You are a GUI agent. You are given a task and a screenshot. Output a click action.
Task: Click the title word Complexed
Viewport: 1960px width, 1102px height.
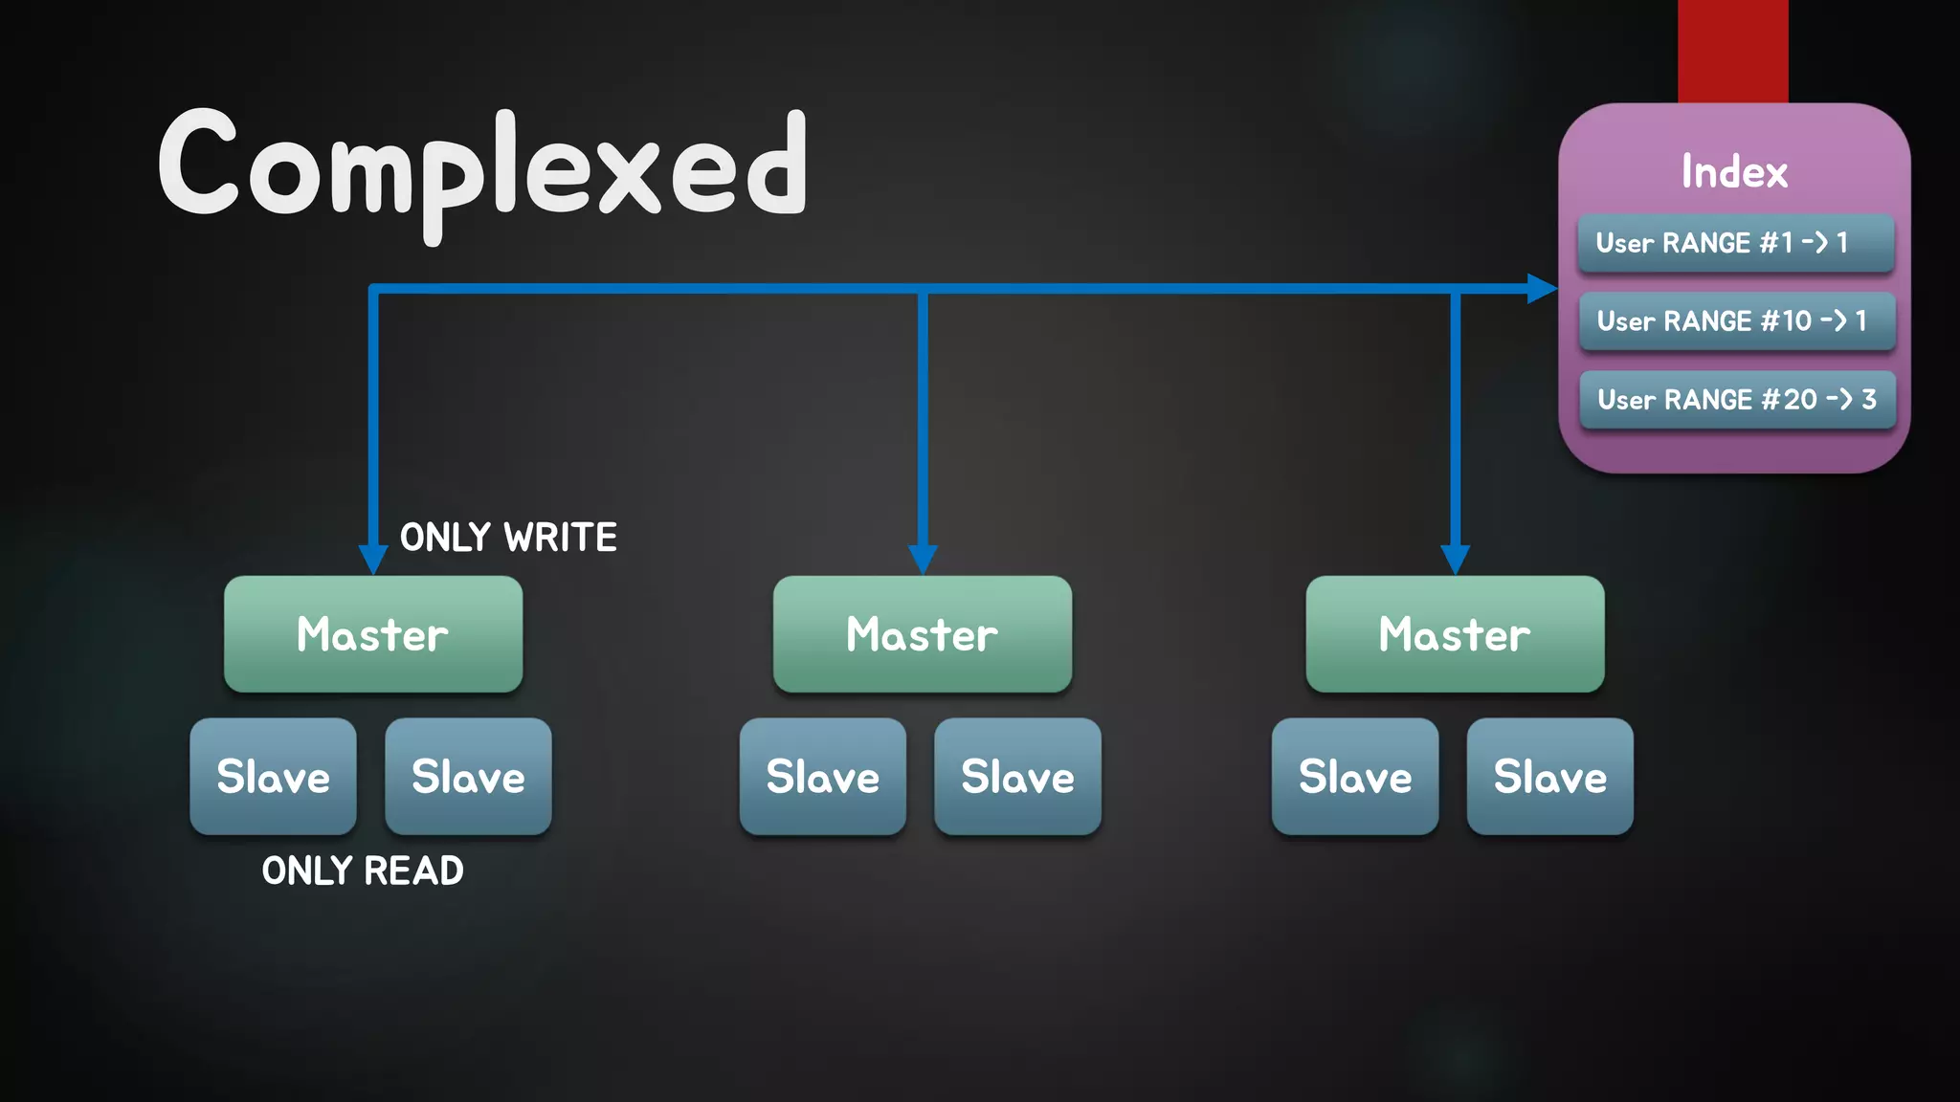[x=483, y=167]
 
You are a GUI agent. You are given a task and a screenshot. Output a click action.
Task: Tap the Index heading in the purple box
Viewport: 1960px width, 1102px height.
[x=1734, y=172]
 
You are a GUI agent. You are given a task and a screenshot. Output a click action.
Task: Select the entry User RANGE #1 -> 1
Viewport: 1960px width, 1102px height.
[x=1735, y=243]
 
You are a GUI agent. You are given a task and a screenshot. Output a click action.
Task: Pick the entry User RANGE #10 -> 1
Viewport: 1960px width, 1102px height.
[x=1736, y=321]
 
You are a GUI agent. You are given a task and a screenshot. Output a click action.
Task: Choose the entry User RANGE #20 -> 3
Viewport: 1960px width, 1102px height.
[x=1737, y=400]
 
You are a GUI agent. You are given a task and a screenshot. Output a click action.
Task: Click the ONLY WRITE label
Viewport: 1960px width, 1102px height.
[x=508, y=538]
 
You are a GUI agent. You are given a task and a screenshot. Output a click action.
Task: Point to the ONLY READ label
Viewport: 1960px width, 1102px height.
[x=363, y=871]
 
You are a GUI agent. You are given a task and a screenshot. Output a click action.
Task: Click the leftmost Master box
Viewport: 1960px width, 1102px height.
[x=373, y=634]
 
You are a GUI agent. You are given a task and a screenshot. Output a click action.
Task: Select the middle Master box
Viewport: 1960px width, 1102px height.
[x=923, y=634]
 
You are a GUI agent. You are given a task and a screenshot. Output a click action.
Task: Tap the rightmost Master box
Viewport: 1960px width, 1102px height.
[x=1455, y=634]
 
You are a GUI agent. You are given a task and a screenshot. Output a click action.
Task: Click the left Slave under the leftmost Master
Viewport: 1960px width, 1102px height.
[x=274, y=777]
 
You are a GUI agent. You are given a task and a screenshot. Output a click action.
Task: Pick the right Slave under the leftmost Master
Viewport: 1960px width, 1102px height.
[x=468, y=777]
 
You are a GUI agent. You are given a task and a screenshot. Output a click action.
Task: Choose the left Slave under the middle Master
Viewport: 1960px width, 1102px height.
[x=823, y=777]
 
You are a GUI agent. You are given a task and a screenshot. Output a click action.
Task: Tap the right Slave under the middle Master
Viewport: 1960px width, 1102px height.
[x=1017, y=777]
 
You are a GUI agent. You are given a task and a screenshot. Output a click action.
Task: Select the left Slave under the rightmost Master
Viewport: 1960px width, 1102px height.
[x=1355, y=777]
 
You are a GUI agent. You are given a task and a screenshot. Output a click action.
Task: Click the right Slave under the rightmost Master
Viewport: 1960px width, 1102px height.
[x=1550, y=777]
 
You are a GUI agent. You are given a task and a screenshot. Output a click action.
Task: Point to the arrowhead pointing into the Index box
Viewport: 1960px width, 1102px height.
[x=1541, y=288]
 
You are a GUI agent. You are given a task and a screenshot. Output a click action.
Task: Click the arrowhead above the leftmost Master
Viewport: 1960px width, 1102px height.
[x=373, y=559]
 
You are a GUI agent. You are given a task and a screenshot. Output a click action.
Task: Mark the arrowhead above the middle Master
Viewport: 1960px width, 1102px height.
[x=923, y=559]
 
